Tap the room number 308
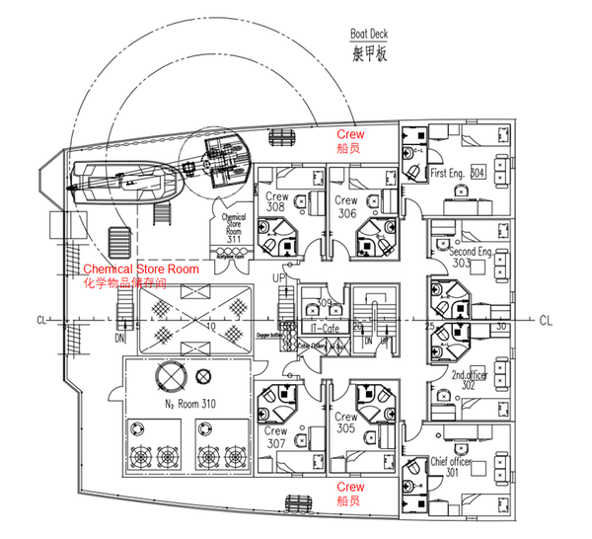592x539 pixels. (x=276, y=208)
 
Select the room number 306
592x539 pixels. (x=346, y=213)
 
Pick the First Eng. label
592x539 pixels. (x=449, y=173)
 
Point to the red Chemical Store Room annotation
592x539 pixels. (x=140, y=269)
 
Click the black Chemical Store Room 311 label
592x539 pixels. (x=234, y=226)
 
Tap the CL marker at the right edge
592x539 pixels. (x=546, y=320)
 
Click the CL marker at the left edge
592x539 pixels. (x=40, y=320)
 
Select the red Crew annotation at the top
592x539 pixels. (x=350, y=134)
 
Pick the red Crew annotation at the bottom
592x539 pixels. (x=350, y=487)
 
